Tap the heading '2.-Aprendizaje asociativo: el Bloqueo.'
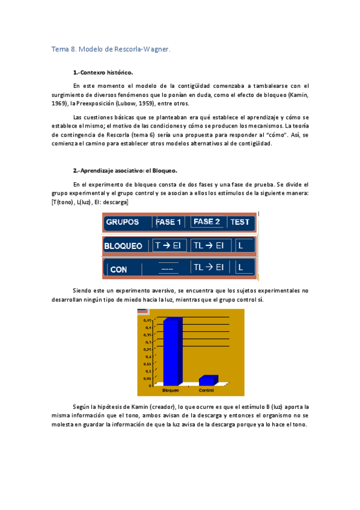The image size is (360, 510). click(x=125, y=171)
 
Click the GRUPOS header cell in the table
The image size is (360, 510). click(x=123, y=222)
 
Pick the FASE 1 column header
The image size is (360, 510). click(x=168, y=222)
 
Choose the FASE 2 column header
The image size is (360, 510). click(x=207, y=222)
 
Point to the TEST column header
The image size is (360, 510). click(x=240, y=222)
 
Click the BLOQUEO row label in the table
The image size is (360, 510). click(x=123, y=245)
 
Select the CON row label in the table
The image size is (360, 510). click(x=118, y=269)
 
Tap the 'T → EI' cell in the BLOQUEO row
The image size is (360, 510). click(x=168, y=245)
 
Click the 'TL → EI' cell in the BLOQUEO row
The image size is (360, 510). click(x=208, y=245)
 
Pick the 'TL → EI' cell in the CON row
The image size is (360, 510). click(x=208, y=268)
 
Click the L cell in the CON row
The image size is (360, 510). click(x=240, y=268)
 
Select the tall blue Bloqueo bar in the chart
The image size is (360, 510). click(x=171, y=352)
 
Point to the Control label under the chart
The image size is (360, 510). click(x=206, y=391)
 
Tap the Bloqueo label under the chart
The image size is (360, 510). click(x=171, y=391)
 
